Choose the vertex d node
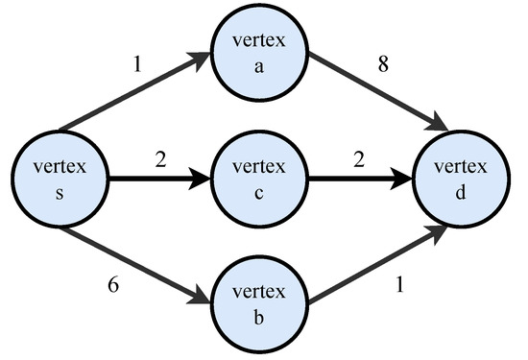[454, 179]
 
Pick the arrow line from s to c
[154, 179]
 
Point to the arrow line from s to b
[134, 260]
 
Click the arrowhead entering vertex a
[203, 60]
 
